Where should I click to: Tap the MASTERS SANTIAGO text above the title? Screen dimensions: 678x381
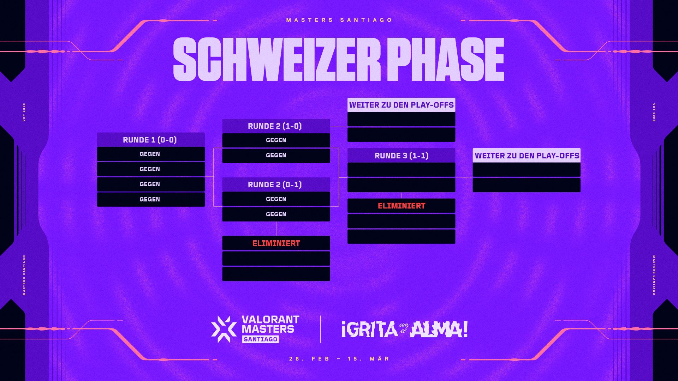339,20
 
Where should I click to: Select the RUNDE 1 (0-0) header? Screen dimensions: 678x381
151,140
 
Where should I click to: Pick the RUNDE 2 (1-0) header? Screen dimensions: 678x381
276,126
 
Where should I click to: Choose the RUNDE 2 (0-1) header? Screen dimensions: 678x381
276,185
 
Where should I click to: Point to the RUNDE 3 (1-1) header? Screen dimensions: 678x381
401,156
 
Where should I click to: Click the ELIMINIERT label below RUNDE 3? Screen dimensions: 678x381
402,206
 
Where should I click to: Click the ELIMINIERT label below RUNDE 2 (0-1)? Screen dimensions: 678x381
276,243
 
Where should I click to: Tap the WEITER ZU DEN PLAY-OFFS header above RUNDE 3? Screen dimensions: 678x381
401,105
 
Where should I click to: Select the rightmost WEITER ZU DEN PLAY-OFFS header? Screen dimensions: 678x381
527,156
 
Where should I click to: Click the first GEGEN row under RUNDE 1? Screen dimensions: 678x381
151,154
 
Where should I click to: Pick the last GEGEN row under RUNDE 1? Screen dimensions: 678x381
151,199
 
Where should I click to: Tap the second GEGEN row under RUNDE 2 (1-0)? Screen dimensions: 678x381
276,156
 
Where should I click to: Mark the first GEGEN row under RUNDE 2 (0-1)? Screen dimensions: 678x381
276,199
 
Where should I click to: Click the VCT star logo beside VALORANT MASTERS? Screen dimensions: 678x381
224,329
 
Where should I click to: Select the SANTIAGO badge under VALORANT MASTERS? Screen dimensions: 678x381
261,339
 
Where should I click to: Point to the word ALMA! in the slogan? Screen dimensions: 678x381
439,329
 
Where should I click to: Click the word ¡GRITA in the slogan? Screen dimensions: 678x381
369,329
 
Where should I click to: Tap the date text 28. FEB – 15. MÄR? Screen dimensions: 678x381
339,359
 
